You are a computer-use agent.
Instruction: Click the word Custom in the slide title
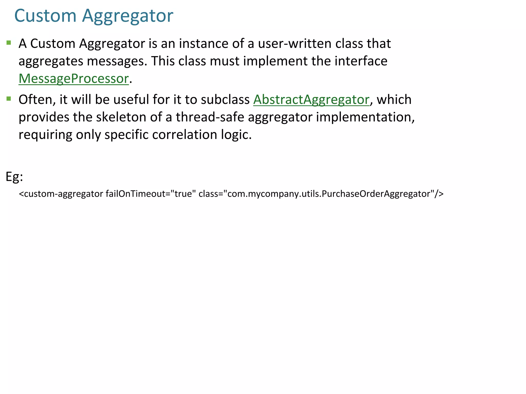pos(45,16)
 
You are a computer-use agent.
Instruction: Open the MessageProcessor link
pos(73,78)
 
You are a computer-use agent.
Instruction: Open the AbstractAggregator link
pos(311,100)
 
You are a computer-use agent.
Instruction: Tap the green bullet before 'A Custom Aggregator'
pos(9,43)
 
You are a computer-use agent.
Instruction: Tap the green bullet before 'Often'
pos(9,99)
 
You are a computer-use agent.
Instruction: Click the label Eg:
pos(14,177)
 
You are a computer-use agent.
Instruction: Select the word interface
pos(361,61)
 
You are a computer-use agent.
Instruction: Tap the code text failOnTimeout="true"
pos(151,194)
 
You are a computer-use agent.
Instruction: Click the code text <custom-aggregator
pos(61,194)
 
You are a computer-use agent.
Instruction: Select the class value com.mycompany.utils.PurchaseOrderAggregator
pos(329,194)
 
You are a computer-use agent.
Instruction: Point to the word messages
pos(115,61)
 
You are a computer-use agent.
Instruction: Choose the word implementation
pos(365,117)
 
